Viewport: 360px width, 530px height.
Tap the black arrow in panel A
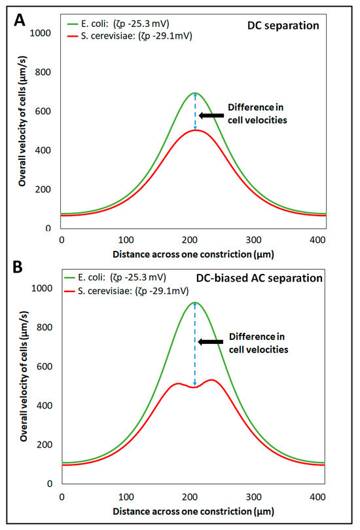click(210, 116)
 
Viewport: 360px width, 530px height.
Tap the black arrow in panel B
click(210, 342)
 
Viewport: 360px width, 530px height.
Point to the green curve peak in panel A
click(194, 93)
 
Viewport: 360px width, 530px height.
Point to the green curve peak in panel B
click(194, 302)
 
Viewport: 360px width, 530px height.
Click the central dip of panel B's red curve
click(194, 387)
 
